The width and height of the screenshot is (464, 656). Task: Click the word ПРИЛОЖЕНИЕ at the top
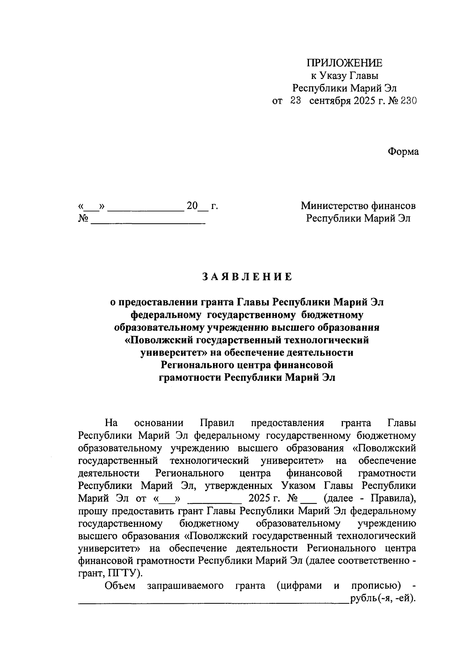[344, 63]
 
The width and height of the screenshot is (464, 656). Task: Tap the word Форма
[403, 152]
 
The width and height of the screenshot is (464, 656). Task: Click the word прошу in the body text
[93, 511]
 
